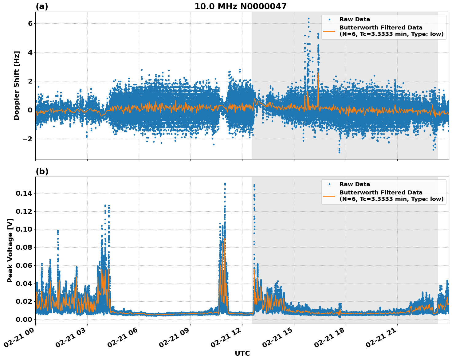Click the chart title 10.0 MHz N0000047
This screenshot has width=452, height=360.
pos(240,6)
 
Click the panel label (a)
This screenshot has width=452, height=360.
pos(42,6)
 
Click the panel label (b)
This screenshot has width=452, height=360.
pos(42,171)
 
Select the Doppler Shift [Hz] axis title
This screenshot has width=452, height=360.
pos(17,85)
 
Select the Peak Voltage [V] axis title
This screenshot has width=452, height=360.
pos(10,250)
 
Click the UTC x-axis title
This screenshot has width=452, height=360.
pos(242,353)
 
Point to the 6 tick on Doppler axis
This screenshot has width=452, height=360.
pos(30,24)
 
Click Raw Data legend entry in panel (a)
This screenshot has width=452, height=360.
pos(355,20)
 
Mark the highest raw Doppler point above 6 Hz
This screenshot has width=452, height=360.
pos(309,19)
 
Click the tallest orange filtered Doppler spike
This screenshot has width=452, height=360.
pos(318,73)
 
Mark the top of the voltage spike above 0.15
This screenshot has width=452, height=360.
pos(225,184)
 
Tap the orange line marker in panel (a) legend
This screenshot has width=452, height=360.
pos(329,31)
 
